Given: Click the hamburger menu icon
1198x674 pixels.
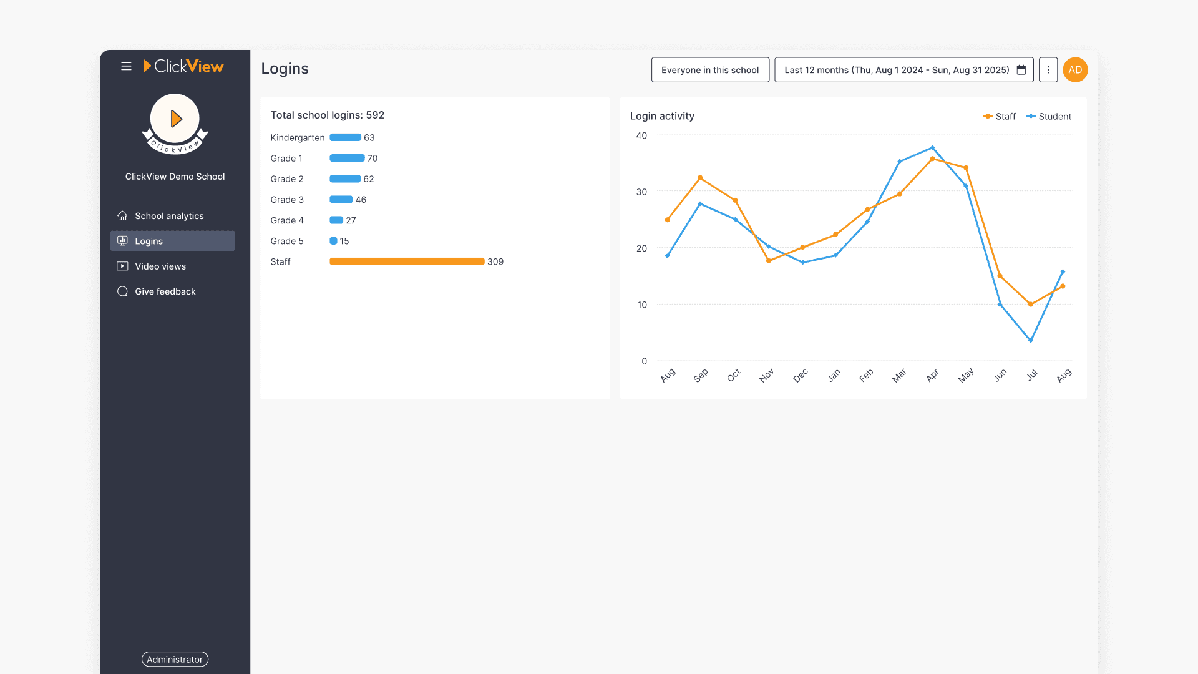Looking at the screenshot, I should [126, 66].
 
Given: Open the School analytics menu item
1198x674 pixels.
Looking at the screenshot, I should [169, 216].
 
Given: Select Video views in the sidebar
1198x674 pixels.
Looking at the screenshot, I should [160, 266].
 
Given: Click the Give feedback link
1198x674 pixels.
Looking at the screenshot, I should [165, 291].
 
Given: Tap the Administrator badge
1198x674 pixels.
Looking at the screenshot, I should [175, 659].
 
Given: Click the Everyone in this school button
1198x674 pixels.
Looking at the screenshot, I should [710, 70].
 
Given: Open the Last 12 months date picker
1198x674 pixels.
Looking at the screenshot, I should [903, 70].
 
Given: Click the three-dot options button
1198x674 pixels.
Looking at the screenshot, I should [1048, 70].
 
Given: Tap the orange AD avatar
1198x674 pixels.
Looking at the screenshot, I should [1075, 70].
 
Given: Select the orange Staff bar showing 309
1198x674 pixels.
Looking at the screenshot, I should [407, 261].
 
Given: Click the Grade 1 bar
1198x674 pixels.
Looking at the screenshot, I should [347, 159].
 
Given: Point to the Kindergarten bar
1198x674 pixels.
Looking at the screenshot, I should [345, 138].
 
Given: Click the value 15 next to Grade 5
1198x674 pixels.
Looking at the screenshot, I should [344, 241].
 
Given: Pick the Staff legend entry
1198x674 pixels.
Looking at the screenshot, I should [1000, 117].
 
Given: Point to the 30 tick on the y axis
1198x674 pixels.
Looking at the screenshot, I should [641, 192].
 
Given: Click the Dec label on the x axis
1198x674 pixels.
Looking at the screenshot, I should [801, 375].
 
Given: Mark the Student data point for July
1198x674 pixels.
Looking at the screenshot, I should [1031, 340].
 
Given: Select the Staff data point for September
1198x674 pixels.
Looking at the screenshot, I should [700, 178].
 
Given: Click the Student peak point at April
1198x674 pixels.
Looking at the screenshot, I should [933, 148].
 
